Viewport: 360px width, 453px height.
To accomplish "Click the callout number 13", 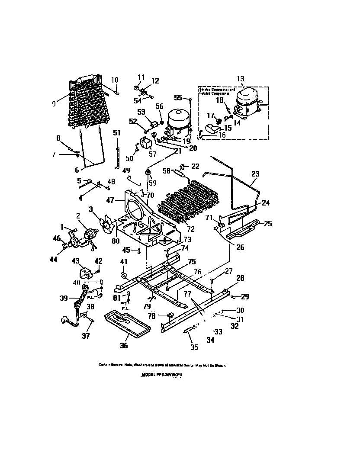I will [x=241, y=79].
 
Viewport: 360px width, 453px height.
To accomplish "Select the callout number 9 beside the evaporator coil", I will [x=54, y=103].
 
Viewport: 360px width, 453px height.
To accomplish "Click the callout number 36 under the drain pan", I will [x=124, y=346].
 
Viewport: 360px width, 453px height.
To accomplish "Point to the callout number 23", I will [x=256, y=173].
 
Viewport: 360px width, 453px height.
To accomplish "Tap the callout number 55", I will [x=178, y=98].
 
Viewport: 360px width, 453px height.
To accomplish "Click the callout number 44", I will [x=54, y=260].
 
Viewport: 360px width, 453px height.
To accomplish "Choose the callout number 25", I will [x=268, y=224].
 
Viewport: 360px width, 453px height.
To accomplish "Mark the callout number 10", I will [x=115, y=80].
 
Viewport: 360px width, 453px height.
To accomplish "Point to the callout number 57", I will [x=152, y=153].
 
